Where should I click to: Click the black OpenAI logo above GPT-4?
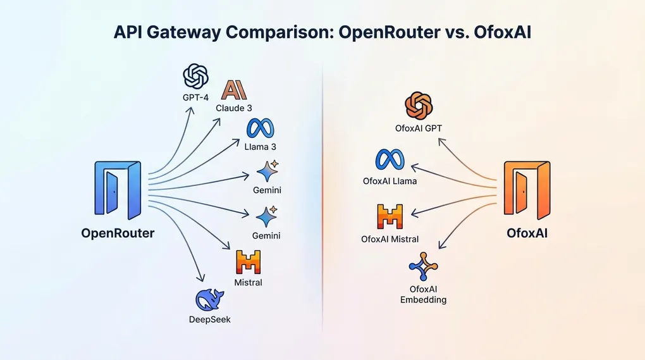(196, 77)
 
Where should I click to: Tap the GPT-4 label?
(196, 98)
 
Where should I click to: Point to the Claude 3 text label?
(234, 108)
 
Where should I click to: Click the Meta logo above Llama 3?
(261, 129)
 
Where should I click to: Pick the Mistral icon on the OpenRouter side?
(248, 262)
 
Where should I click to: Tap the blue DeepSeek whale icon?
(209, 299)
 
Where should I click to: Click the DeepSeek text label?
(209, 319)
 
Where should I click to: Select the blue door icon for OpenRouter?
(118, 189)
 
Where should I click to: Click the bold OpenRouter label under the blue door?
(118, 233)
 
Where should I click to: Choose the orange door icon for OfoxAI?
(527, 189)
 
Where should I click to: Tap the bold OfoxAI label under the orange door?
(527, 233)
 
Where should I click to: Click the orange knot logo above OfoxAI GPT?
(418, 106)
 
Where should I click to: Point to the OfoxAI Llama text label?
(390, 181)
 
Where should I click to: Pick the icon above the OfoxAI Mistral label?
(390, 217)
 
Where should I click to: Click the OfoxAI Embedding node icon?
(423, 266)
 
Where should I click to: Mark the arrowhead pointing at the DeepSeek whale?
(202, 278)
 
